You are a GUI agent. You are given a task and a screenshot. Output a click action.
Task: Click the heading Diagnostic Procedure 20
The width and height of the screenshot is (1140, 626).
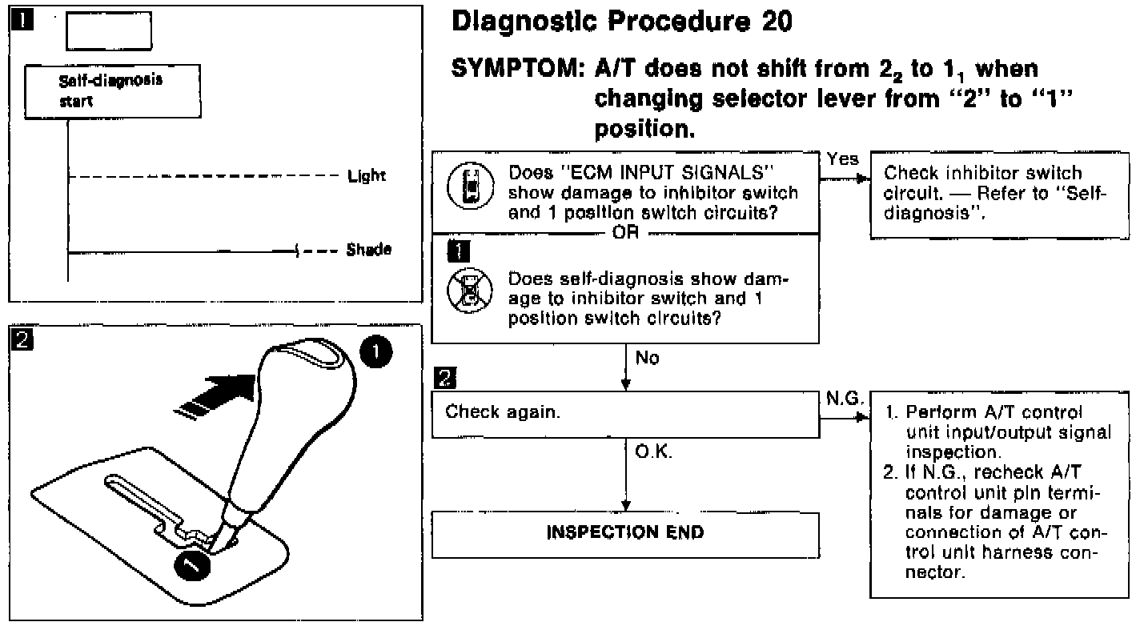pos(622,23)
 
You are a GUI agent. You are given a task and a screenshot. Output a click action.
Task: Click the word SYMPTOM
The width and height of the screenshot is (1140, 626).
pos(515,70)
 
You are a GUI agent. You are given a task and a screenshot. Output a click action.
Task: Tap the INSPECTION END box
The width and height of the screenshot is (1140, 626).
pos(625,532)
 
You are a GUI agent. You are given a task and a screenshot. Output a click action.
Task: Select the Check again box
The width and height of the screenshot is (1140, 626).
pos(625,413)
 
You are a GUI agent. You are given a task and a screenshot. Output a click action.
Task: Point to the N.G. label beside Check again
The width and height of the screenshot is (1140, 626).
pos(841,397)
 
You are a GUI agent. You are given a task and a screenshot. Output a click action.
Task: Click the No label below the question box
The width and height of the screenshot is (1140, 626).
pos(647,359)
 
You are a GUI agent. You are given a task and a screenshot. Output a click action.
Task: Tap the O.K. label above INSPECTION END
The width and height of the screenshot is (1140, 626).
pos(652,452)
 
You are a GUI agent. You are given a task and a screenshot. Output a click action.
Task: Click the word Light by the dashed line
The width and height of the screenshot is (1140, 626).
pos(367,175)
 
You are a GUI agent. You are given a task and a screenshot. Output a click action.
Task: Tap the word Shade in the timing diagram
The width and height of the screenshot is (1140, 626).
pos(369,250)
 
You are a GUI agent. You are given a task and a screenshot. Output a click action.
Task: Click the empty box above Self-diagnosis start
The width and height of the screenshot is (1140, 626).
pos(108,32)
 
